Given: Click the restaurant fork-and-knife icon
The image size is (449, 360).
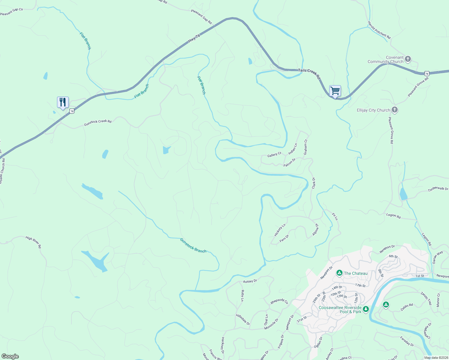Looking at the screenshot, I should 63,102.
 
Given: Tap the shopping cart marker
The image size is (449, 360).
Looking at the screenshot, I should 335,91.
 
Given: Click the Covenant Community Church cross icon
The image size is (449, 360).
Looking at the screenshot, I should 408,59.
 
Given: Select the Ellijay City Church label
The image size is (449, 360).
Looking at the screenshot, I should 373,110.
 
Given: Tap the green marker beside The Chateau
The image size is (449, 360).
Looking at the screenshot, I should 339,273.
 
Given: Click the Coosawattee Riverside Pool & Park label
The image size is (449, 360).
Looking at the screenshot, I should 340,310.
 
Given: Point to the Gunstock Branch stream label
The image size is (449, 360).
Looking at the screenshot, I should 193,245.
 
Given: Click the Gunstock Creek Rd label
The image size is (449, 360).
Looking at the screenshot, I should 98,122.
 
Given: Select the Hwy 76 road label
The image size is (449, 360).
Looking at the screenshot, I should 194,39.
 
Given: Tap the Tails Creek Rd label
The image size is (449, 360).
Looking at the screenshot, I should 309,74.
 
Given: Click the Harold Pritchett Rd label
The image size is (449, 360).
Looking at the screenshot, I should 379,30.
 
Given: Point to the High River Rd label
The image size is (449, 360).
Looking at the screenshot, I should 33,242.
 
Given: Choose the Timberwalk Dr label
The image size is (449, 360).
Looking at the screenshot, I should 438,189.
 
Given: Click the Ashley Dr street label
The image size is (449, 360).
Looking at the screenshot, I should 250,281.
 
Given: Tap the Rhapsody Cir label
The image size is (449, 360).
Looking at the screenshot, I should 279,301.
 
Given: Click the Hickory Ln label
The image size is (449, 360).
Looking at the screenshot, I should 280,230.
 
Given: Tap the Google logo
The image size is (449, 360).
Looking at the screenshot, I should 10,356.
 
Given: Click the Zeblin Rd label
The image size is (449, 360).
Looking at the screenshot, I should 407,307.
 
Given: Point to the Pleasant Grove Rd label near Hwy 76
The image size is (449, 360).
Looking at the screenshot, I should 418,87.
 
